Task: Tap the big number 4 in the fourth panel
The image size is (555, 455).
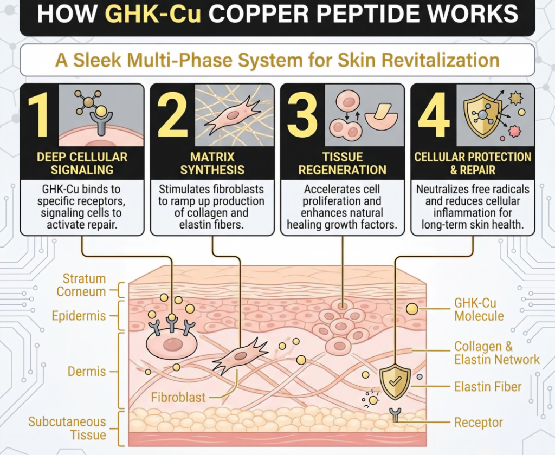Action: pyautogui.click(x=434, y=115)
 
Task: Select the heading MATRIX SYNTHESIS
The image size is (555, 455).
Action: pyautogui.click(x=212, y=163)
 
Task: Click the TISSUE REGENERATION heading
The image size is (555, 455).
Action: pyautogui.click(x=343, y=163)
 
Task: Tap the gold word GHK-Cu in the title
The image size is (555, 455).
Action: pyautogui.click(x=153, y=14)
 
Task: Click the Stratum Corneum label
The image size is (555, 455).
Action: pyautogui.click(x=81, y=285)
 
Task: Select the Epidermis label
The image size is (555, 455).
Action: pyautogui.click(x=79, y=316)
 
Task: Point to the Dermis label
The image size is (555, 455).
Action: pyautogui.click(x=87, y=372)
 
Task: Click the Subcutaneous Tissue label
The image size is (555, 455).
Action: pyautogui.click(x=67, y=428)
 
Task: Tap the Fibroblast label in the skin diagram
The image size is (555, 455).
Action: pyautogui.click(x=178, y=398)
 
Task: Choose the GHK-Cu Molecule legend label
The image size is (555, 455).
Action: pyautogui.click(x=479, y=309)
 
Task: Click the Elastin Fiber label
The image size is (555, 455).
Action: pyautogui.click(x=488, y=387)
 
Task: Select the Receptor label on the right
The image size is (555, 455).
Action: pyautogui.click(x=479, y=422)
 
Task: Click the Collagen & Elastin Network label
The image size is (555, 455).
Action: pyautogui.click(x=497, y=353)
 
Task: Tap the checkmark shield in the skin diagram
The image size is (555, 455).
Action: pyautogui.click(x=395, y=381)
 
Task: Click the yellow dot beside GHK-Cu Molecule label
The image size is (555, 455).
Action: pyautogui.click(x=412, y=309)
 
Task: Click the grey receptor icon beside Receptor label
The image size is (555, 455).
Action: pyautogui.click(x=395, y=414)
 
